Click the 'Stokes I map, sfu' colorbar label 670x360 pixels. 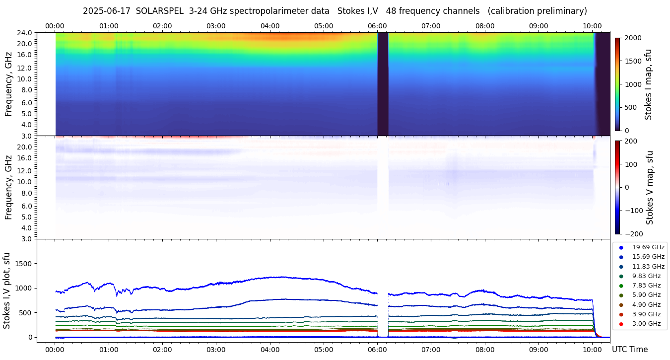pyautogui.click(x=648, y=84)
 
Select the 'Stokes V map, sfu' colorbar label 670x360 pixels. pyautogui.click(x=650, y=188)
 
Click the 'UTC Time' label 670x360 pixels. pyautogui.click(x=629, y=350)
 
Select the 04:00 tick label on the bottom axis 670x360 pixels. pyautogui.click(x=269, y=350)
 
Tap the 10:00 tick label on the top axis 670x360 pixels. pyautogui.click(x=592, y=26)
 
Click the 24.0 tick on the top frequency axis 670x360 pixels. pyautogui.click(x=26, y=33)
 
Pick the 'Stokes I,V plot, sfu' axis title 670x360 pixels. pyautogui.click(x=7, y=290)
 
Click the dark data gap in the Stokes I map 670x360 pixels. pyautogui.click(x=383, y=83)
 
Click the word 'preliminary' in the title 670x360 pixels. pyautogui.click(x=564, y=11)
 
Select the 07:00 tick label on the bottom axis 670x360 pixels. pyautogui.click(x=431, y=350)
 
